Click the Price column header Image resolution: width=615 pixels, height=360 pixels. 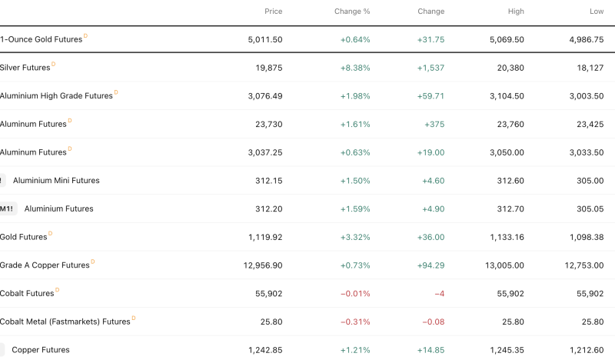(x=273, y=12)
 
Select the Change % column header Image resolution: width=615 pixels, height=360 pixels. (x=352, y=12)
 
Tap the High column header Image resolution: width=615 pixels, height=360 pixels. (x=516, y=12)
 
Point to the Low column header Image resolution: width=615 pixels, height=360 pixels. (x=597, y=12)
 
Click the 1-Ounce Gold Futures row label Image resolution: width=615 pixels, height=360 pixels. (x=41, y=39)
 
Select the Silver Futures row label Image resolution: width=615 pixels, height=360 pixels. (x=25, y=68)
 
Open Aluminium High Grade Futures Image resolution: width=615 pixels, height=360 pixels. (x=56, y=96)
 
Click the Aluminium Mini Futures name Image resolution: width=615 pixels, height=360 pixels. (x=56, y=181)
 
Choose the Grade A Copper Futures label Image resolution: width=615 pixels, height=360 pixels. (x=45, y=265)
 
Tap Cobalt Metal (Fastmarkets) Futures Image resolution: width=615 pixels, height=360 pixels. (x=65, y=322)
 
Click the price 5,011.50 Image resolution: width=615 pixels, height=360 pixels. (x=265, y=39)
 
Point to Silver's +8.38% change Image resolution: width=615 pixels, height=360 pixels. (x=355, y=68)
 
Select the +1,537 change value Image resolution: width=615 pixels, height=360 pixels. (x=430, y=68)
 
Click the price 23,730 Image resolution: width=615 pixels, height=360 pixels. (x=268, y=124)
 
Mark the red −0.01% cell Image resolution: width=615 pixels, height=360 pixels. (x=355, y=293)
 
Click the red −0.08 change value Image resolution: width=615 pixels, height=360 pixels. (x=433, y=322)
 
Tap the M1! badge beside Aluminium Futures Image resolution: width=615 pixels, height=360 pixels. (x=7, y=208)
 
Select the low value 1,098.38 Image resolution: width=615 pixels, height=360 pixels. (x=585, y=237)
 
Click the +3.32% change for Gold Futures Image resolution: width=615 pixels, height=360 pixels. (x=355, y=237)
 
